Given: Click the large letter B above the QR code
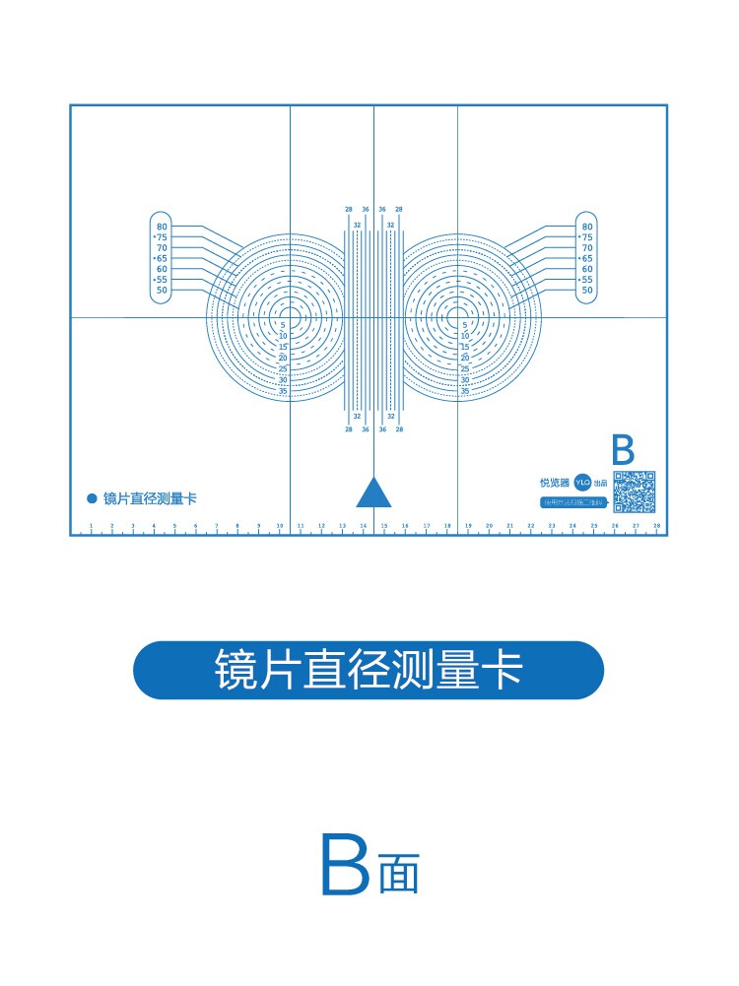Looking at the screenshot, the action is [623, 450].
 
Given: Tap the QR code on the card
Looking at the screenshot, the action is [635, 492].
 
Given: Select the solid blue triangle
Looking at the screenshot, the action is [373, 492].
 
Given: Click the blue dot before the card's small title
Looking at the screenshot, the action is [92, 498].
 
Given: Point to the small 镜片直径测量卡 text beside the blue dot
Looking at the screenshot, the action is [150, 498].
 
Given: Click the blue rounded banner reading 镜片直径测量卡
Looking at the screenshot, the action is [369, 671].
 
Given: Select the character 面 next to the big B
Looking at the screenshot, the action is [399, 876].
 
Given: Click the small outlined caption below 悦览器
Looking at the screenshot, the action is [572, 502].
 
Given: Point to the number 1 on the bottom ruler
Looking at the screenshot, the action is [91, 526].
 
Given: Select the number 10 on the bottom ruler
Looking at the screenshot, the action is [280, 526].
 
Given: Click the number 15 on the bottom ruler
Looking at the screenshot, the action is [384, 526].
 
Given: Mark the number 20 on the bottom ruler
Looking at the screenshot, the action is [489, 526].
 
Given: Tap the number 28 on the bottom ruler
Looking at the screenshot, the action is [656, 526].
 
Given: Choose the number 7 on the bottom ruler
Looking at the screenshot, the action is [217, 526].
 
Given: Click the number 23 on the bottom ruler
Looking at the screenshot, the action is [552, 526].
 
